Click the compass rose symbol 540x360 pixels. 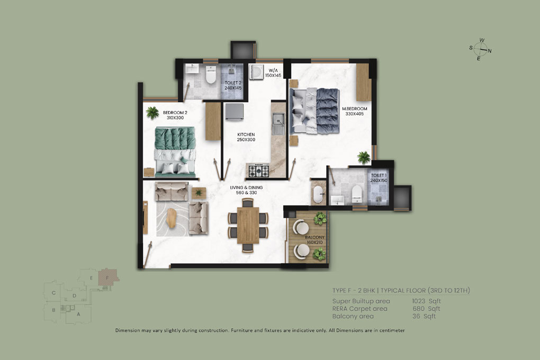pyautogui.click(x=480, y=50)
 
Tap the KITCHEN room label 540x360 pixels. pyautogui.click(x=246, y=134)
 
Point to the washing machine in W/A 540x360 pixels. pyautogui.click(x=256, y=71)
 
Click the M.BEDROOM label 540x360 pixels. pyautogui.click(x=354, y=109)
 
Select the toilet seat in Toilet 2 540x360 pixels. pyautogui.click(x=210, y=75)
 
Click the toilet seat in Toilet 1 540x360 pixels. pyautogui.click(x=357, y=194)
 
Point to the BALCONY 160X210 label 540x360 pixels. pyautogui.click(x=315, y=240)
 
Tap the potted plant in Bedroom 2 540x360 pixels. pyautogui.click(x=152, y=113)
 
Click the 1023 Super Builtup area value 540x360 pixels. pyautogui.click(x=418, y=301)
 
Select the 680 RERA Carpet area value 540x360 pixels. pyautogui.click(x=418, y=309)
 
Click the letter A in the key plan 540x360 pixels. pyautogui.click(x=78, y=314)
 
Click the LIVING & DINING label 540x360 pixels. pyautogui.click(x=246, y=187)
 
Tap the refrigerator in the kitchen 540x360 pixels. pyautogui.click(x=235, y=112)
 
